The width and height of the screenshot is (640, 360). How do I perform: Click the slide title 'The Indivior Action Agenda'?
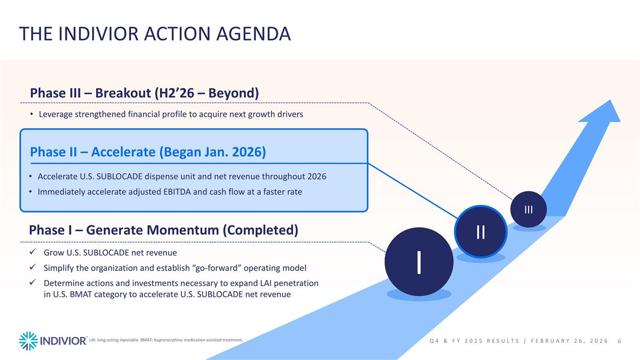(x=155, y=34)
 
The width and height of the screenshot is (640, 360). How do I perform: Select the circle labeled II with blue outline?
(x=480, y=231)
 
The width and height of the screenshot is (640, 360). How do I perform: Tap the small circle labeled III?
(x=528, y=209)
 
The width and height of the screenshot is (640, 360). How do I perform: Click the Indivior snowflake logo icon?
(x=28, y=341)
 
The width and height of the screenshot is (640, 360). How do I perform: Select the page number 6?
(x=619, y=341)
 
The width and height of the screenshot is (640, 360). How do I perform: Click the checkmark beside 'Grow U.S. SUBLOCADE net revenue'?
(x=33, y=252)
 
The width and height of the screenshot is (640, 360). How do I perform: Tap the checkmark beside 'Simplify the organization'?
(x=33, y=268)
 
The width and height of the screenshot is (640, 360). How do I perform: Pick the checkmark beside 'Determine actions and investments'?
(x=33, y=283)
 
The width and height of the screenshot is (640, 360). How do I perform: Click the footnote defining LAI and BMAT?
(x=166, y=340)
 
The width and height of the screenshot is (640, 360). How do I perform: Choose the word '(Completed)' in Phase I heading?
(x=260, y=230)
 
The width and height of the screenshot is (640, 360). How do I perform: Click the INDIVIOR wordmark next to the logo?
(x=64, y=341)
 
